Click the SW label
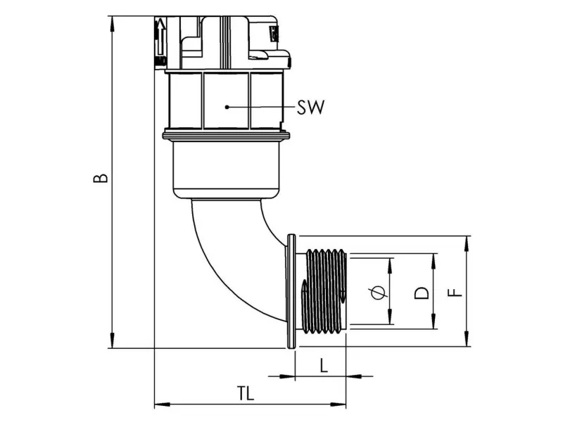310,108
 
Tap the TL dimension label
245,392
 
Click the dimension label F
457,291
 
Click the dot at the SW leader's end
227,107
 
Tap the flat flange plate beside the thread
291,291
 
